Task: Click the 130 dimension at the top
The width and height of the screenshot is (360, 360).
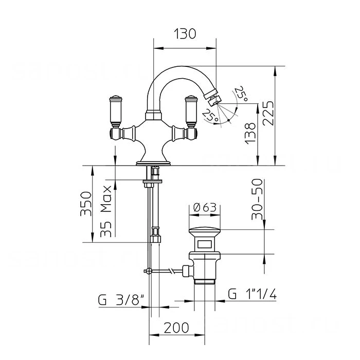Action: (185, 34)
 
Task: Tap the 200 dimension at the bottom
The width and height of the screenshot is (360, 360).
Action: (176, 327)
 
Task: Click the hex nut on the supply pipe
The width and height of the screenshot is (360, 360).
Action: (155, 239)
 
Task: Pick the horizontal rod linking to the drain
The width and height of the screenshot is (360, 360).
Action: (167, 270)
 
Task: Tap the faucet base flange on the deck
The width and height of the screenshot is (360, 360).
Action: (153, 164)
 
